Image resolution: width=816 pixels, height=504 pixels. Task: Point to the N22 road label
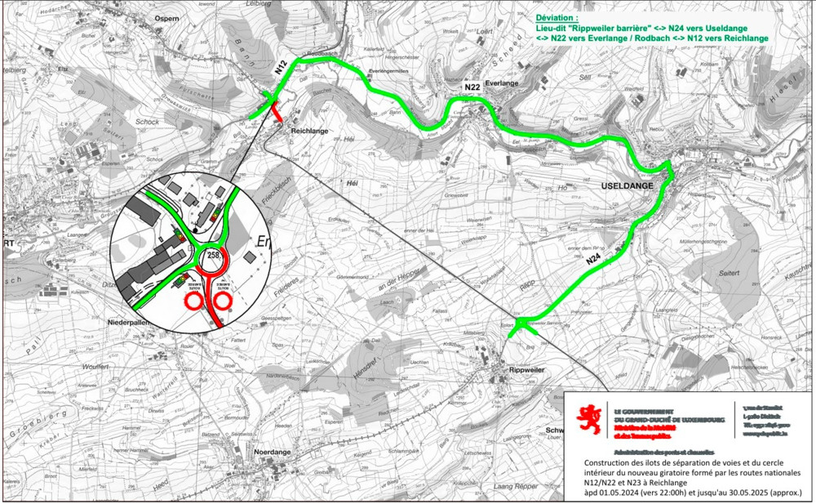472,87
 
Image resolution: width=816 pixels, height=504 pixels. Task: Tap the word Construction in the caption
605,463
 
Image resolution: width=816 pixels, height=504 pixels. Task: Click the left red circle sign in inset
194,301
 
